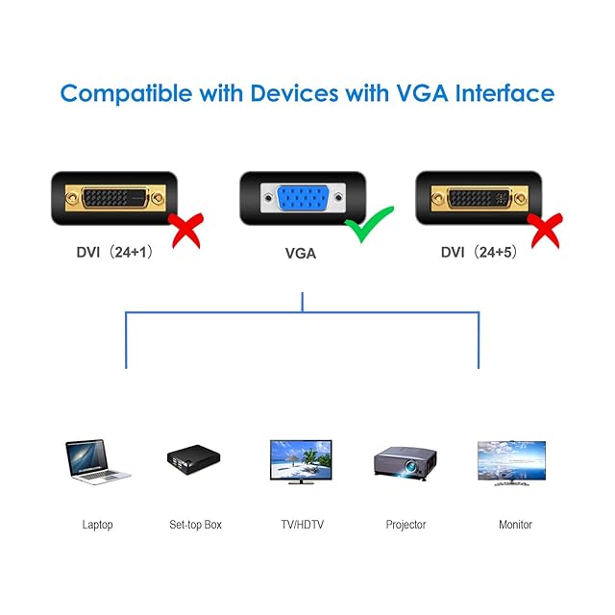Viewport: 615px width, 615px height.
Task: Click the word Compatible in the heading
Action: pos(126,94)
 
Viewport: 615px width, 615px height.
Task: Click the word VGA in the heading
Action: pos(423,93)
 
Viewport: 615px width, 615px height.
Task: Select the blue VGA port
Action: pos(303,198)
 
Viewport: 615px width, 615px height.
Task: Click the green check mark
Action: pos(369,224)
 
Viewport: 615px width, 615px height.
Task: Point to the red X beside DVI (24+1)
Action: pos(185,231)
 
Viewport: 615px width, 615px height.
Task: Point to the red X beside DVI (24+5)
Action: pos(545,231)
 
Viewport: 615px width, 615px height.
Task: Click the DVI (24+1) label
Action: pos(114,252)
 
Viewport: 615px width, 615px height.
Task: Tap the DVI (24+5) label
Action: pos(479,252)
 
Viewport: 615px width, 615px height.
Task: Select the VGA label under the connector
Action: pos(301,254)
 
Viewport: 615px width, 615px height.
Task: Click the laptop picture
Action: pos(98,461)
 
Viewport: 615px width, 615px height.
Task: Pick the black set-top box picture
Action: pos(194,459)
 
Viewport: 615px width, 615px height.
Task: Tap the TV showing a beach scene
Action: pos(301,461)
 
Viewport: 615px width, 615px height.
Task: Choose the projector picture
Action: pos(406,463)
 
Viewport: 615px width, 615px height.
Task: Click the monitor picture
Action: pos(511,463)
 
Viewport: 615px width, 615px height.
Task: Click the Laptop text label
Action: pos(97,525)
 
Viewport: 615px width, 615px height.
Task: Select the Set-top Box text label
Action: pos(195,525)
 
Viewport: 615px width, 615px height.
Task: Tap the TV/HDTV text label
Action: pos(302,525)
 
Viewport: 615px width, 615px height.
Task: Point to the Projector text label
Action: pos(406,525)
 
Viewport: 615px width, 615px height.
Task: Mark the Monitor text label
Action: pos(515,525)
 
